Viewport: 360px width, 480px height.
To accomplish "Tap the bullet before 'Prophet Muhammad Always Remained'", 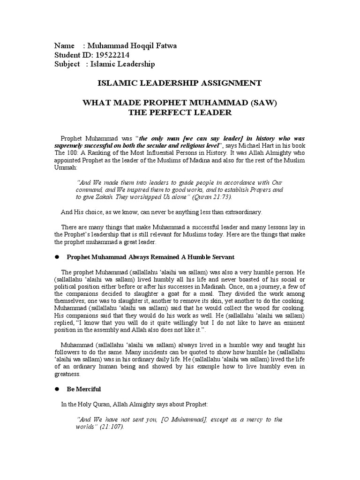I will [x=57, y=257].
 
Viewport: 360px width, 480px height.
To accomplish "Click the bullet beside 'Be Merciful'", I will [x=57, y=389].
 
